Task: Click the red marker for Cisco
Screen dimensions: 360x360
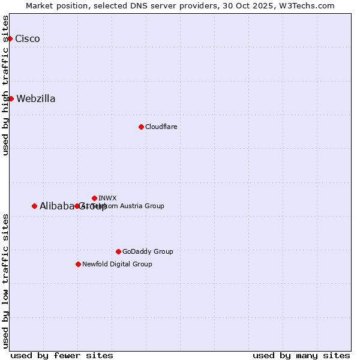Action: pos(10,38)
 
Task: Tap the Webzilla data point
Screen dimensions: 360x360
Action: pos(11,98)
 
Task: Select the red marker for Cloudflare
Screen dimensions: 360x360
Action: pos(141,127)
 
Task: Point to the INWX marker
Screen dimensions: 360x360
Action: pos(94,198)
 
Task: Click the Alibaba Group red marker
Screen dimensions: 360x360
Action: pos(34,206)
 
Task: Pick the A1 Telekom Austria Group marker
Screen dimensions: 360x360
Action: pos(77,206)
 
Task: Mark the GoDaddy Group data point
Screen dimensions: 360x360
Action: pos(118,251)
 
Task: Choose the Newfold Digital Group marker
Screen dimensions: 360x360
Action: pos(78,264)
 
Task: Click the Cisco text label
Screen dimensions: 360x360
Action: pos(28,39)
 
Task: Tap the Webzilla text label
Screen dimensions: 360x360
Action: pos(36,99)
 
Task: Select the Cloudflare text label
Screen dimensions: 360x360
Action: pos(161,127)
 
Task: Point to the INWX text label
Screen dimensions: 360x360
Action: pos(107,198)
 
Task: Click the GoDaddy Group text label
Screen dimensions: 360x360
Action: pos(148,251)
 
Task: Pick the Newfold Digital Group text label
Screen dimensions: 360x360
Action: pos(117,264)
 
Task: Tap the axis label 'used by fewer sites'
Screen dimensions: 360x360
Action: pos(62,355)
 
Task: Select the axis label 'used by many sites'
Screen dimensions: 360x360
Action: pos(301,355)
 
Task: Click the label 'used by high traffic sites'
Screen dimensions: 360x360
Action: pos(6,85)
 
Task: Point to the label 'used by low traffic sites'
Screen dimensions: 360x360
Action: pos(6,280)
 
